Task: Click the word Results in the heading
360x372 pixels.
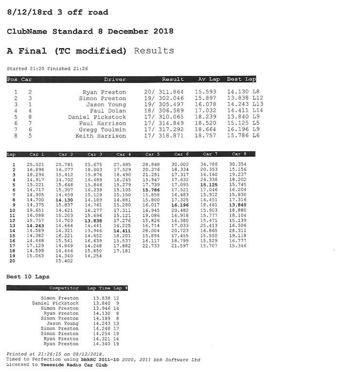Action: coord(154,51)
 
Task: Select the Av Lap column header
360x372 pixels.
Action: coord(209,79)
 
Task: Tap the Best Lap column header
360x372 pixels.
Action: coord(241,79)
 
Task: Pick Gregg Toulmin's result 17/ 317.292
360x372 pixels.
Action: coord(164,130)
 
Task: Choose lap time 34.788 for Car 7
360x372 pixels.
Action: coord(209,165)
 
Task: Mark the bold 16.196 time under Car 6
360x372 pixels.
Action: coord(180,205)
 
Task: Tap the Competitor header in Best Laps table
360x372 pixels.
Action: coord(64,288)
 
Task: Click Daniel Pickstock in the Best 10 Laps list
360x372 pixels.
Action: coord(55,303)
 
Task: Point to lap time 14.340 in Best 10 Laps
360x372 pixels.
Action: coord(102,344)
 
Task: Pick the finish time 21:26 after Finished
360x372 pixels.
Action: coord(80,68)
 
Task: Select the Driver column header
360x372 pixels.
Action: coord(115,79)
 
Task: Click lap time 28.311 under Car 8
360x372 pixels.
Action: coord(238,230)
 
